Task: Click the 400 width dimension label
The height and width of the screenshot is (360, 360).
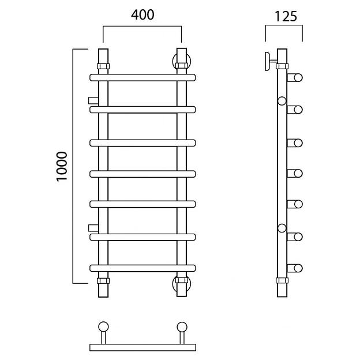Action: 142,15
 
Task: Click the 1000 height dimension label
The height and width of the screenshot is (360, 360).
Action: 62,167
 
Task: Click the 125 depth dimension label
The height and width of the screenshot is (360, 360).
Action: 286,17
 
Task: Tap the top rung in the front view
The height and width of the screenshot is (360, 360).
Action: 142,78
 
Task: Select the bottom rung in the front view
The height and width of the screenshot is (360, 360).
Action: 142,268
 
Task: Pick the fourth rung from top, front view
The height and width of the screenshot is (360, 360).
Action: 142,174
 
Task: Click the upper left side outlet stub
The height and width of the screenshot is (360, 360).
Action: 93,100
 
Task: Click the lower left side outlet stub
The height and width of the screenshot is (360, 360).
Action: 93,228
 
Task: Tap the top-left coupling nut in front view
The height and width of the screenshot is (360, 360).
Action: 103,66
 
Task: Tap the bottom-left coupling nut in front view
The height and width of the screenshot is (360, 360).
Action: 103,280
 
